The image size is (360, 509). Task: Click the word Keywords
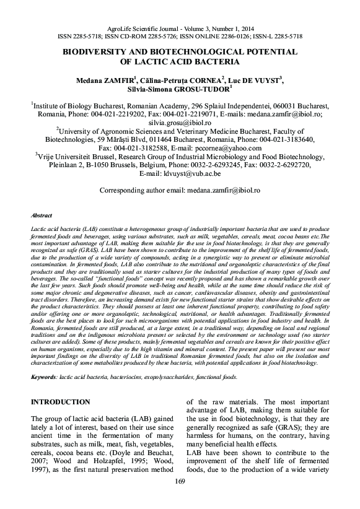tap(45, 376)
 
